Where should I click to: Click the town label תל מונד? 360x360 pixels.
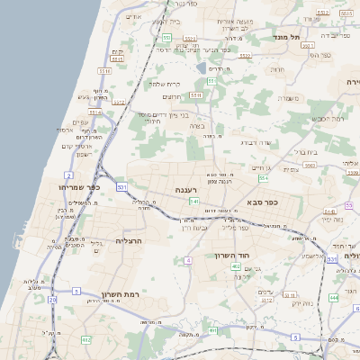pos(293,37)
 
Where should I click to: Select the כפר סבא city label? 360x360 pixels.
pos(263,203)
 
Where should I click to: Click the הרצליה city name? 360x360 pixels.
pos(131,241)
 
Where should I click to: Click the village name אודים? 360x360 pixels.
pos(134,16)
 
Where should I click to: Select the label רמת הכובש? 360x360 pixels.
pos(328,118)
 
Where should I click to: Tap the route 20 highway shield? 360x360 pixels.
pos(53,300)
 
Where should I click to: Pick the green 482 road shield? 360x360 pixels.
pos(85,339)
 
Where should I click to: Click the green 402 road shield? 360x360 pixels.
pos(236,267)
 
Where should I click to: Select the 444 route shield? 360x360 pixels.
pos(334,296)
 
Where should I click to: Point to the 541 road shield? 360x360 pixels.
pos(193,202)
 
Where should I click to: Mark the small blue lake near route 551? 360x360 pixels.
pos(200,67)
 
